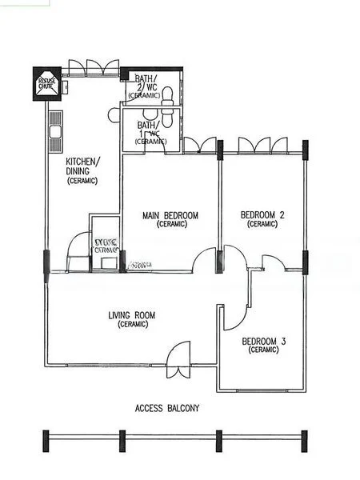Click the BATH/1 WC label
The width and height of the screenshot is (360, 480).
150,130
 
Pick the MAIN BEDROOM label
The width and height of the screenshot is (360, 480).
170,215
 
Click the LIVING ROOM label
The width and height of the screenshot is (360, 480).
132,315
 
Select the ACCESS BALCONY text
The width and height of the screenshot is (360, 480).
168,408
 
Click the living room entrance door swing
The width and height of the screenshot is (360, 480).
179,355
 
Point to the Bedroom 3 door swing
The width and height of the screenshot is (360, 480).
234,315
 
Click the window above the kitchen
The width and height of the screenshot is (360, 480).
94,67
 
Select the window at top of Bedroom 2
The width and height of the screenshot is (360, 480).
262,146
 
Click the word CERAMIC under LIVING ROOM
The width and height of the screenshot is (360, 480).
132,325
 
